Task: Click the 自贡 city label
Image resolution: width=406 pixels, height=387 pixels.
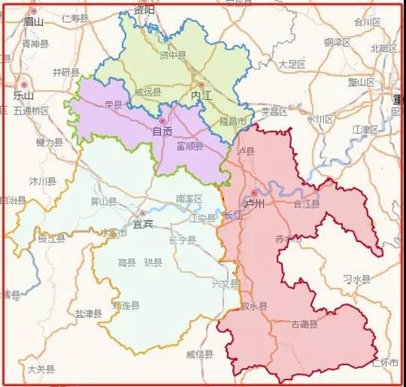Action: pyautogui.click(x=162, y=131)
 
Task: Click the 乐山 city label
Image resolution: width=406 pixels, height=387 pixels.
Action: pyautogui.click(x=24, y=95)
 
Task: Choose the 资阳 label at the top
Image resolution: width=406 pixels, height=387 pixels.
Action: pyautogui.click(x=144, y=11)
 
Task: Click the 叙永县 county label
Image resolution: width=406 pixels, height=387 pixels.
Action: pyautogui.click(x=254, y=307)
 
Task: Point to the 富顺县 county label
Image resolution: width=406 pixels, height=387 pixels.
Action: pyautogui.click(x=189, y=147)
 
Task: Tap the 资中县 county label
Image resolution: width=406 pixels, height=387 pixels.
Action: pyautogui.click(x=173, y=56)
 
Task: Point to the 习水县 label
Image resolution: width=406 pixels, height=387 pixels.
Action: pyautogui.click(x=356, y=279)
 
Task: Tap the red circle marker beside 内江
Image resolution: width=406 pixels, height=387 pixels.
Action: pyautogui.click(x=201, y=84)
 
